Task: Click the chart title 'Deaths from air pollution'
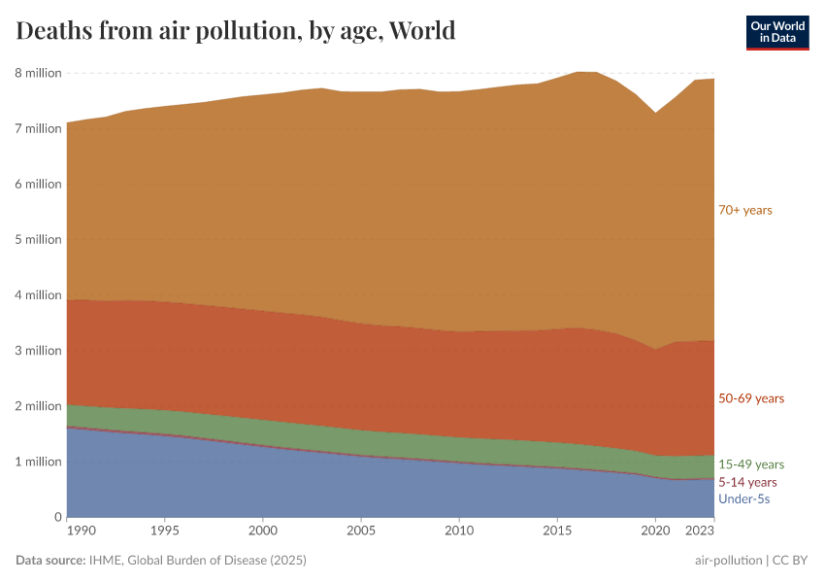tap(236, 31)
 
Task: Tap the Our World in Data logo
tap(776, 32)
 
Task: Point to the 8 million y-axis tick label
tap(38, 73)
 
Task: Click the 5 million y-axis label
tap(38, 239)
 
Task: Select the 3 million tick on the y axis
tap(38, 351)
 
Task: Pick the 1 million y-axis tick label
tap(38, 462)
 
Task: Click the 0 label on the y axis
tap(57, 517)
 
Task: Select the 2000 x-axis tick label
tap(262, 532)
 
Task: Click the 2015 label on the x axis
tap(557, 532)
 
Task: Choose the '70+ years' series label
tap(744, 210)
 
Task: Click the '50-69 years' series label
tap(750, 398)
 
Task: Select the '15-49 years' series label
tap(750, 464)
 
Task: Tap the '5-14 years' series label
tap(747, 482)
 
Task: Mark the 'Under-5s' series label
tap(743, 499)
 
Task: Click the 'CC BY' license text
tap(791, 561)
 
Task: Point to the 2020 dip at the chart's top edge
tap(656, 113)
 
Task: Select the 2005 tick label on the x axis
tap(361, 532)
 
